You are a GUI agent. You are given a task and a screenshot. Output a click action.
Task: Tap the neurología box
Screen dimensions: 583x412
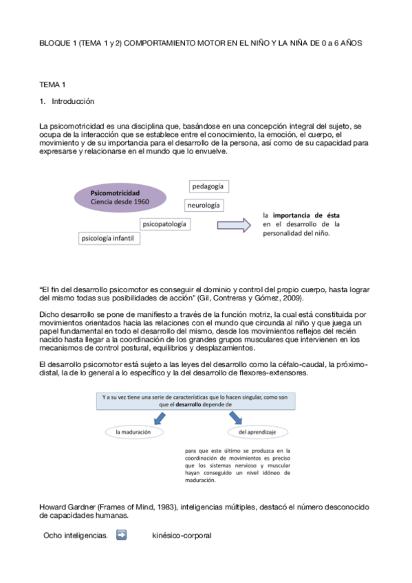204,205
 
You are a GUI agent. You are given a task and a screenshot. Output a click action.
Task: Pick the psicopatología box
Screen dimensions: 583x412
164,224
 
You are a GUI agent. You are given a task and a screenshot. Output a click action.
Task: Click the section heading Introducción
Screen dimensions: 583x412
73,101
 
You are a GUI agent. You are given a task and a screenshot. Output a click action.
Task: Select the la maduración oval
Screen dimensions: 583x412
134,432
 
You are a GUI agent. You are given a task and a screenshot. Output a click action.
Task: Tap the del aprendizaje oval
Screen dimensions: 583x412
257,432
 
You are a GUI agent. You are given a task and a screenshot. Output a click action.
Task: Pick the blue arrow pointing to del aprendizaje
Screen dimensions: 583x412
239,417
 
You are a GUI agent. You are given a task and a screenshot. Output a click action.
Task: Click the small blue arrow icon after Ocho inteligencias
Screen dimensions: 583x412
122,533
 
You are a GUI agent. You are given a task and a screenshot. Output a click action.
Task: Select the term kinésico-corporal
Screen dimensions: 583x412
182,534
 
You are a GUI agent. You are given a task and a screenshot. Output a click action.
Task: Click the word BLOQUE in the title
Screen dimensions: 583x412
56,43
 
